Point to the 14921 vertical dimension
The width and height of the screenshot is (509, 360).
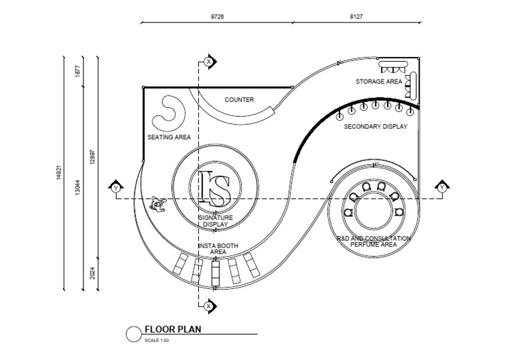(60, 174)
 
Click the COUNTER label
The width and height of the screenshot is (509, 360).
(239, 100)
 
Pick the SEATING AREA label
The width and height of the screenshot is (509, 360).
(169, 138)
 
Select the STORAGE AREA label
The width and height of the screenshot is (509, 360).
(378, 82)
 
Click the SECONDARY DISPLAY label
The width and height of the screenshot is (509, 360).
(375, 126)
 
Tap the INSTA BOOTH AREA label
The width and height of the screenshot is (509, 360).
(218, 249)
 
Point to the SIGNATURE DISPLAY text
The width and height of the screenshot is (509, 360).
(215, 221)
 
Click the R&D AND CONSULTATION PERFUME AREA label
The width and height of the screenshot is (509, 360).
(374, 241)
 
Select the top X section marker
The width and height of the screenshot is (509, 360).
(209, 62)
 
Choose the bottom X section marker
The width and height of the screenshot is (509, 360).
(209, 306)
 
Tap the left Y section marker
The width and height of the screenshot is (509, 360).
(117, 188)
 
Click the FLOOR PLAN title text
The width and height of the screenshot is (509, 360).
(173, 329)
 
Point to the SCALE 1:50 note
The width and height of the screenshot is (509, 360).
(157, 340)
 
